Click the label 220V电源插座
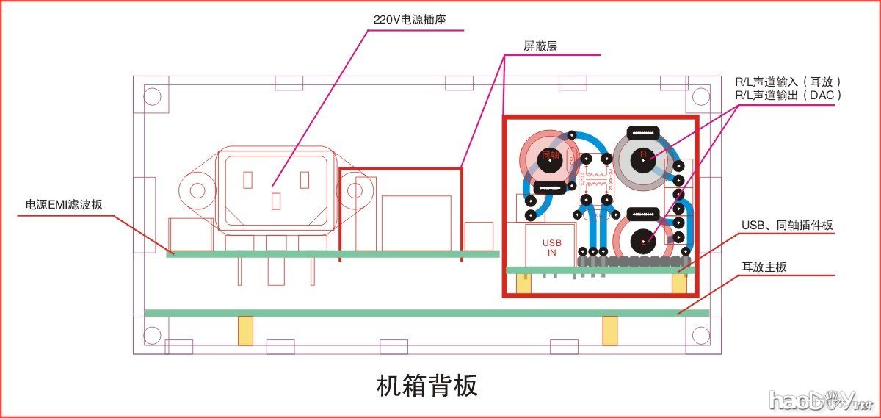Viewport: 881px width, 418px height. (x=409, y=20)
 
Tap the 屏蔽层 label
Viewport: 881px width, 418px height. (x=540, y=46)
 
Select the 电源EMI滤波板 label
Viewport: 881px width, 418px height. (x=64, y=206)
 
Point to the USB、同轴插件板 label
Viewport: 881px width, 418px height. (x=787, y=224)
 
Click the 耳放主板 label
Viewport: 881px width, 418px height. (x=764, y=267)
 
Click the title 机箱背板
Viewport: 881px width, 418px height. (x=427, y=384)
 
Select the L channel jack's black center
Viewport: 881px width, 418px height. (x=644, y=239)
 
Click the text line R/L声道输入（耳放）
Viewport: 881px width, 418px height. (x=787, y=82)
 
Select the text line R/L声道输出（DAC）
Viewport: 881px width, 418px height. (x=787, y=96)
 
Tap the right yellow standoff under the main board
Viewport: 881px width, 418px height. (x=609, y=331)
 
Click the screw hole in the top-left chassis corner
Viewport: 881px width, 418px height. (x=152, y=96)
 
